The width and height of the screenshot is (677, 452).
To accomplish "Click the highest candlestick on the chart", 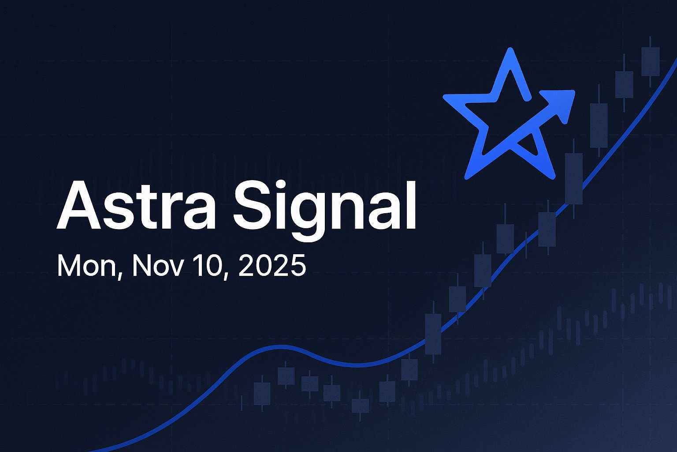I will point(650,62).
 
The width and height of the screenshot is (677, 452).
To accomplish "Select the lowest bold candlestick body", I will point(360,406).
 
